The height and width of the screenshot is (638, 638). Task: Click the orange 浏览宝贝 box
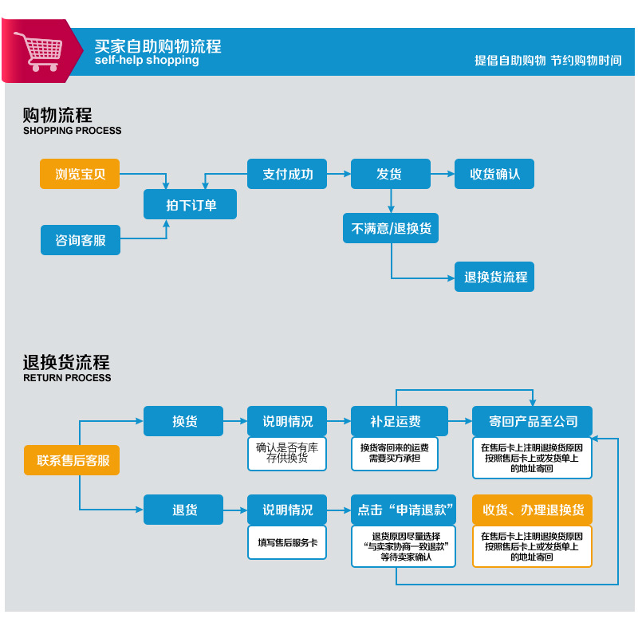coord(80,174)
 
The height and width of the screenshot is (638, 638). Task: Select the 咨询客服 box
coord(80,240)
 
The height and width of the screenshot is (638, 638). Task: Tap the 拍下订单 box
coord(191,205)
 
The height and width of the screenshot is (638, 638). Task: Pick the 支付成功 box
coord(287,174)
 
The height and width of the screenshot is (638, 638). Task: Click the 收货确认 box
coord(494,174)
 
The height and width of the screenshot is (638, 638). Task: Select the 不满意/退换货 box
coord(391,229)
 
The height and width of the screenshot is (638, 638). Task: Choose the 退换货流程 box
coord(495,277)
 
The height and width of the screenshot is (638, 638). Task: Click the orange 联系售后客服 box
coord(73,460)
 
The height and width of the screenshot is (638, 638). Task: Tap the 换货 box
coord(183,421)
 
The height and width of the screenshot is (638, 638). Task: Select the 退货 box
coord(183,510)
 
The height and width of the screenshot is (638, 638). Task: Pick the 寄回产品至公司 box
coord(532,421)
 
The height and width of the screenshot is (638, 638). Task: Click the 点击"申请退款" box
coord(404,510)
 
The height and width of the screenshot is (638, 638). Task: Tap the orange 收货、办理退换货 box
coord(532,510)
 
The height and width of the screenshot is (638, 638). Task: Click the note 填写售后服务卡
coord(287,542)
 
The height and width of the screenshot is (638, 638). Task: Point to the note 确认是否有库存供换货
coord(287,453)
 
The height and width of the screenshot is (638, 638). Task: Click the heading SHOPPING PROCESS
coord(73,131)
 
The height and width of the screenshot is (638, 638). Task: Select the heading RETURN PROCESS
coord(67,378)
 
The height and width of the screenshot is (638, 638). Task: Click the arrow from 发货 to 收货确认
coord(443,173)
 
